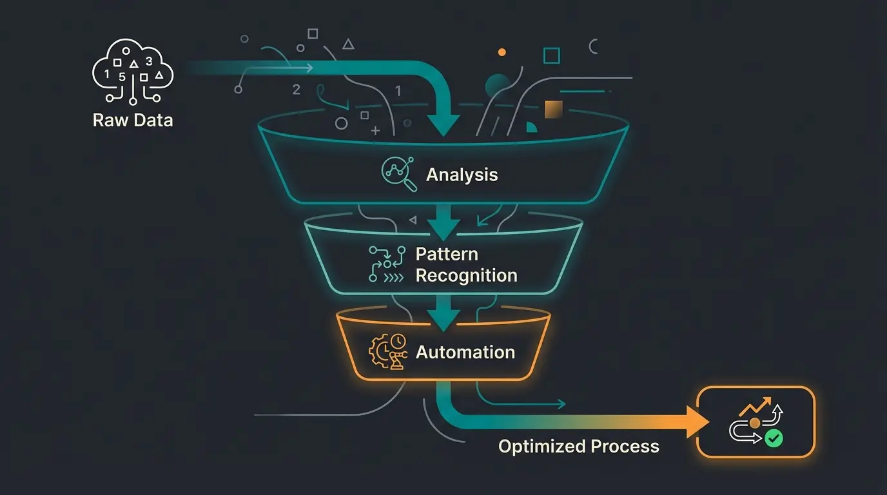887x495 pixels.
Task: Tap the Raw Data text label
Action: click(x=133, y=120)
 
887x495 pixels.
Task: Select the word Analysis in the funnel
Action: click(x=462, y=175)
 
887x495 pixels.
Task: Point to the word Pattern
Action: click(x=447, y=254)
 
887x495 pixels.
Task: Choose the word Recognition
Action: click(x=466, y=275)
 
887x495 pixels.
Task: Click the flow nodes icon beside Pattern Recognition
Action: click(x=386, y=264)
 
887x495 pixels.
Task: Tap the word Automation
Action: click(x=465, y=353)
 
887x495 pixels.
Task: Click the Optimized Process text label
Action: click(x=578, y=446)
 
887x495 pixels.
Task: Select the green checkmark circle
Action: click(x=774, y=439)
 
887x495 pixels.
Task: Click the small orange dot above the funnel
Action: click(x=502, y=52)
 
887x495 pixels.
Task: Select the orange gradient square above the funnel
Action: click(x=554, y=110)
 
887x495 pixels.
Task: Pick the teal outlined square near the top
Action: click(x=551, y=55)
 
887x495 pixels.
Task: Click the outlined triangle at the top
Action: click(x=348, y=44)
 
